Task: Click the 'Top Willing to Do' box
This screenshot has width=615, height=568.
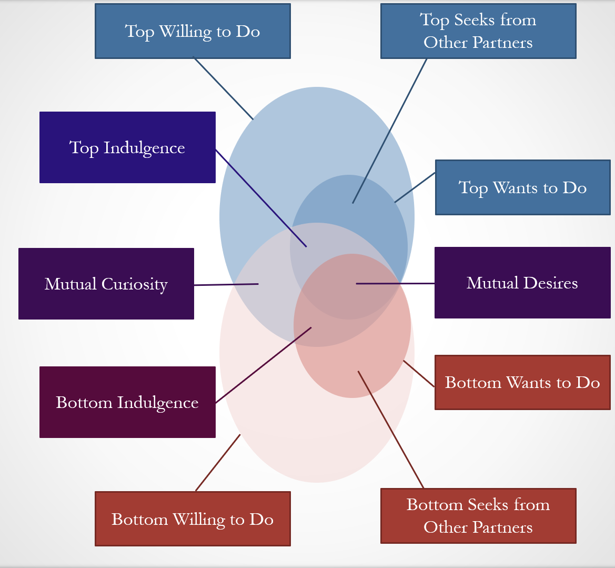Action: (193, 32)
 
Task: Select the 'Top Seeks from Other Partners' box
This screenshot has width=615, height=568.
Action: (478, 32)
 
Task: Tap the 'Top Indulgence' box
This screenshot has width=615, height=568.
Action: (127, 147)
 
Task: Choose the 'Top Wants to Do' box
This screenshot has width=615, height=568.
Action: (522, 188)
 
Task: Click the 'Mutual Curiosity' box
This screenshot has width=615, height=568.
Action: (106, 284)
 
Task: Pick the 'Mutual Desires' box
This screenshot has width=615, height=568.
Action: (522, 283)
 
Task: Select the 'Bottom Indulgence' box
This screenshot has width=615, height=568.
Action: (127, 402)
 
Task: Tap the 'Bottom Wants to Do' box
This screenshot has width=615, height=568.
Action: (522, 382)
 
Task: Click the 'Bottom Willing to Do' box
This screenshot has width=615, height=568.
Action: (193, 519)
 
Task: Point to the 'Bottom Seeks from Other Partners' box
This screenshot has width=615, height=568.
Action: (478, 516)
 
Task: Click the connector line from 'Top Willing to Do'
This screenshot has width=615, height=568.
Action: (223, 88)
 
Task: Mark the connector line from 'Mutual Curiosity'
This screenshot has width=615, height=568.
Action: (226, 285)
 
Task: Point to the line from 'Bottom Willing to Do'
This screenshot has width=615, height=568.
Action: (218, 462)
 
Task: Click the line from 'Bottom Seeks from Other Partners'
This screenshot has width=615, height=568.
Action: (391, 430)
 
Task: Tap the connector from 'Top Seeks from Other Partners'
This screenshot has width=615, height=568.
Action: (389, 131)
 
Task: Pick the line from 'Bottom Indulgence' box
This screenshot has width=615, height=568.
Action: (263, 365)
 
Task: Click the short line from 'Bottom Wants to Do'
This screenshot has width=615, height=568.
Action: (419, 374)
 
